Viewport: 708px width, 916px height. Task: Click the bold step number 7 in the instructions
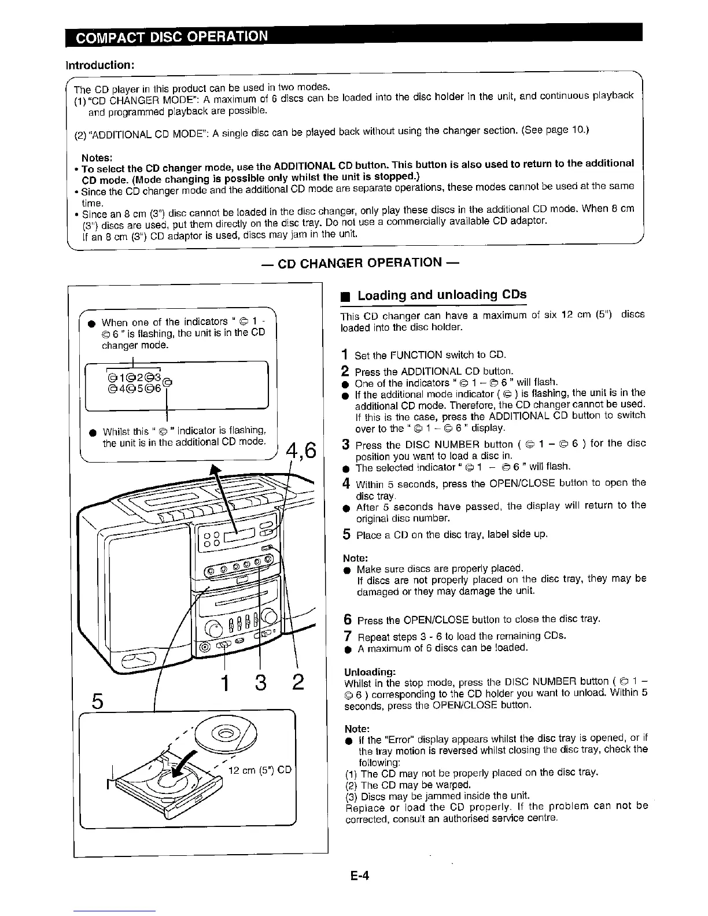[x=347, y=636]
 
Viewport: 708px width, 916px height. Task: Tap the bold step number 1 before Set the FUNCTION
[x=345, y=354]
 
